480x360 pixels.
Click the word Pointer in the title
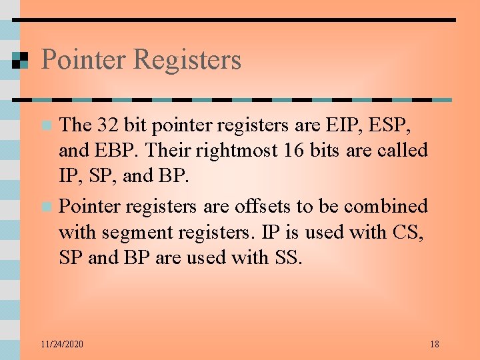click(83, 60)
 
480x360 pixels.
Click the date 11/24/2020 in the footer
click(61, 345)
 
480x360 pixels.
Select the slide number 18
click(434, 345)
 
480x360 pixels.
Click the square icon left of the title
click(20, 61)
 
